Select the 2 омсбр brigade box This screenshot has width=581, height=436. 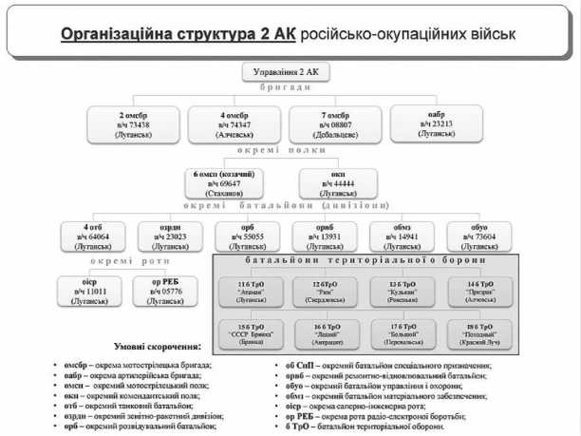pyautogui.click(x=133, y=123)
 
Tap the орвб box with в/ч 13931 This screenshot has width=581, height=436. pyautogui.click(x=325, y=236)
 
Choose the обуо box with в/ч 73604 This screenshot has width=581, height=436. pyautogui.click(x=479, y=236)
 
